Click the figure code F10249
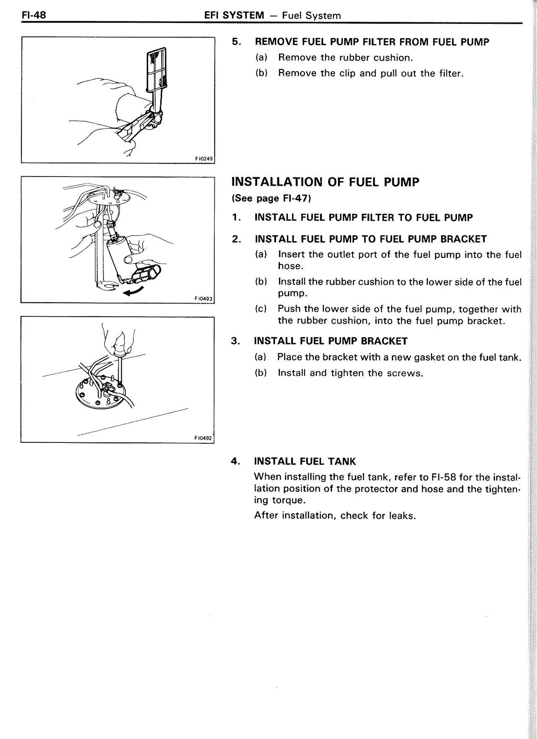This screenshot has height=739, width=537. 204,159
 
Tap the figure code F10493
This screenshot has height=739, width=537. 204,299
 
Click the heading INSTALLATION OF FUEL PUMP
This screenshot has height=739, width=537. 325,182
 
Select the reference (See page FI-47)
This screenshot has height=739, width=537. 271,198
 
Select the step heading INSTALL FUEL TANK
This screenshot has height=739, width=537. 305,461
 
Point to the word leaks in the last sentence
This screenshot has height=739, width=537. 401,515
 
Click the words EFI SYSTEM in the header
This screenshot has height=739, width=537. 234,16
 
